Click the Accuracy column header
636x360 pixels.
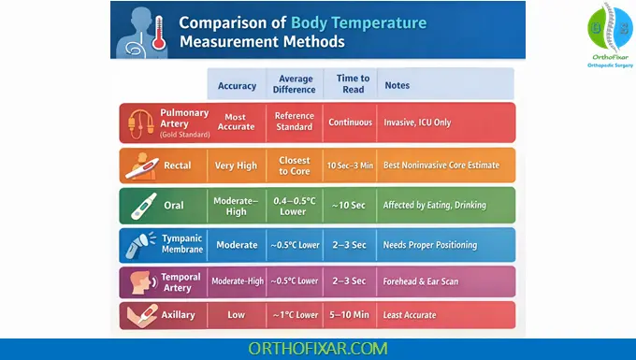(x=237, y=86)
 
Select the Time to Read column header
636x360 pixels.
(x=352, y=84)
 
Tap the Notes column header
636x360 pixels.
(x=397, y=86)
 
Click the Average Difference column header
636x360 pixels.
(x=294, y=84)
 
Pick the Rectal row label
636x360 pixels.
(x=178, y=166)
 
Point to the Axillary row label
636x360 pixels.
(x=178, y=315)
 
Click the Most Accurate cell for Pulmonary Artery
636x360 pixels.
(x=237, y=122)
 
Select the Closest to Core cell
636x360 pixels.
(x=294, y=166)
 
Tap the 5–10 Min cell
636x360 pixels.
(x=352, y=315)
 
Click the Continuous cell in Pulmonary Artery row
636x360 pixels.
(x=352, y=122)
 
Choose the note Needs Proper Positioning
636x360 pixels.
(x=430, y=245)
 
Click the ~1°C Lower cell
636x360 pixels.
(x=294, y=315)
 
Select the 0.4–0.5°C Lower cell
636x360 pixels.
(x=294, y=205)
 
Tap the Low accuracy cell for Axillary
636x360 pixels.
(x=237, y=315)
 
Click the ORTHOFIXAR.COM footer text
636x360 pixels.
(x=318, y=348)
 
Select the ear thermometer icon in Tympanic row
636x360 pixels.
(x=140, y=244)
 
